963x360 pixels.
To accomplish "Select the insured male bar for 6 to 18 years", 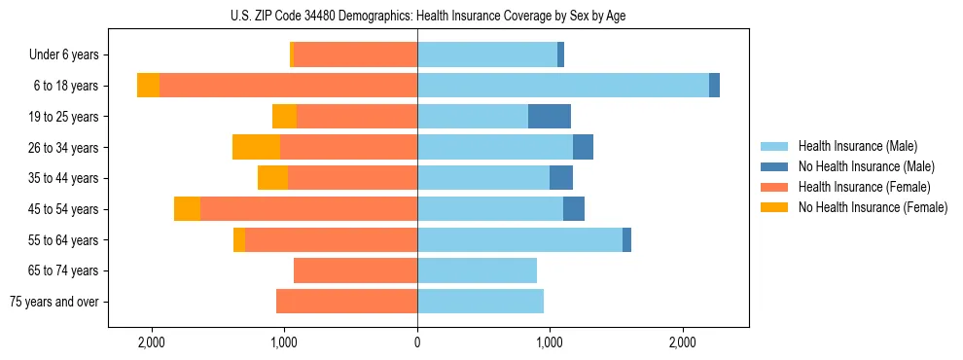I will click(563, 86).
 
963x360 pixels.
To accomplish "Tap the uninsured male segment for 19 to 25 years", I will click(550, 117).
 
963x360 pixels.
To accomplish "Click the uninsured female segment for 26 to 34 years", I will click(257, 147).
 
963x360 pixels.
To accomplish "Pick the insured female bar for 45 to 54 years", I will click(308, 209).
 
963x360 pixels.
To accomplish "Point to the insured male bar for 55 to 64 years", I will click(519, 239).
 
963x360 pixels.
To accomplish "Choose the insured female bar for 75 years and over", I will click(346, 302).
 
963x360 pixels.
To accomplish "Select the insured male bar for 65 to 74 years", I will click(477, 270).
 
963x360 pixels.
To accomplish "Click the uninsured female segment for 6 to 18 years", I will click(148, 86).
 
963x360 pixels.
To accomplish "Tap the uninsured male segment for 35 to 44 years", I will click(561, 178).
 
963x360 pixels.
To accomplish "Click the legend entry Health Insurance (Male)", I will click(857, 146).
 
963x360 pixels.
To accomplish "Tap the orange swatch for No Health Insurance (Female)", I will click(775, 207).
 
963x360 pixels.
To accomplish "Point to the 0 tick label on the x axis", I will click(417, 342).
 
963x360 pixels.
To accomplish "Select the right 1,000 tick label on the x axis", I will click(550, 342).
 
